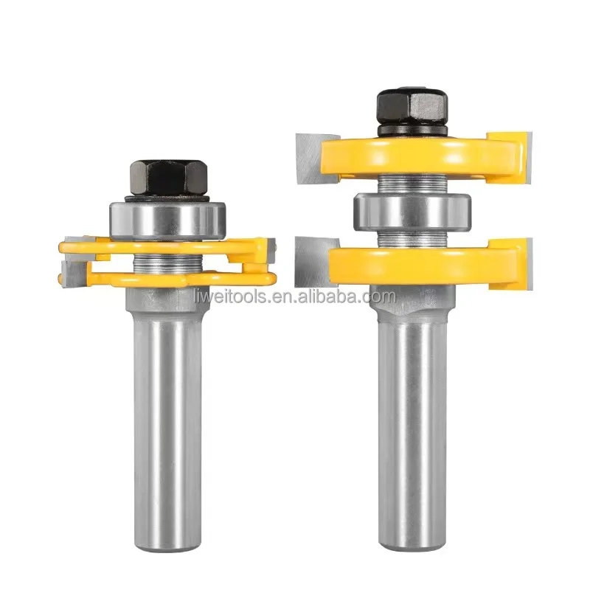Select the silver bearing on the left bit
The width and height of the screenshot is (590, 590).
[168, 221]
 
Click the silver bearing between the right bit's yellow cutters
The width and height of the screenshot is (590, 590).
[412, 212]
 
